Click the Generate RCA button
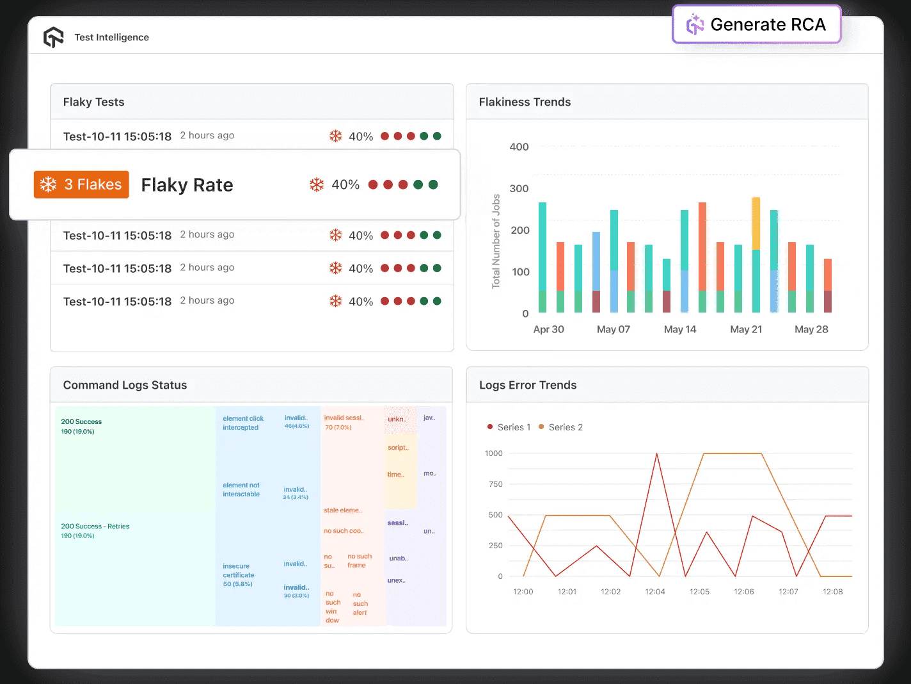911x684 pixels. click(756, 24)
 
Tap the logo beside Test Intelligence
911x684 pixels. click(54, 37)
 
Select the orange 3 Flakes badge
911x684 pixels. click(81, 184)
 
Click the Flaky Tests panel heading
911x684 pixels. click(93, 102)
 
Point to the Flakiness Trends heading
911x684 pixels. click(525, 102)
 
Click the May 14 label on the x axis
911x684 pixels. click(679, 329)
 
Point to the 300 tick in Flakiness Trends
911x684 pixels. click(519, 188)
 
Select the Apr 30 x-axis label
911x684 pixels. click(548, 329)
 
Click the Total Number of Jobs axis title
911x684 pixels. click(496, 241)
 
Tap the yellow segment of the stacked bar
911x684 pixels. click(756, 223)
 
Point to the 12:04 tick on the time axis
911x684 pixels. click(654, 592)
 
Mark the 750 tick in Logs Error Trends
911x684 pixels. click(495, 484)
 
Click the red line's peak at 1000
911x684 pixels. click(656, 454)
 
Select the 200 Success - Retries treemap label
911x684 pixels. click(95, 526)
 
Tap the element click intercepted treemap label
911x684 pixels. click(242, 423)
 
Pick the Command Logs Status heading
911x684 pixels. click(125, 385)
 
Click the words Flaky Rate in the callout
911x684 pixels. click(187, 185)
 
